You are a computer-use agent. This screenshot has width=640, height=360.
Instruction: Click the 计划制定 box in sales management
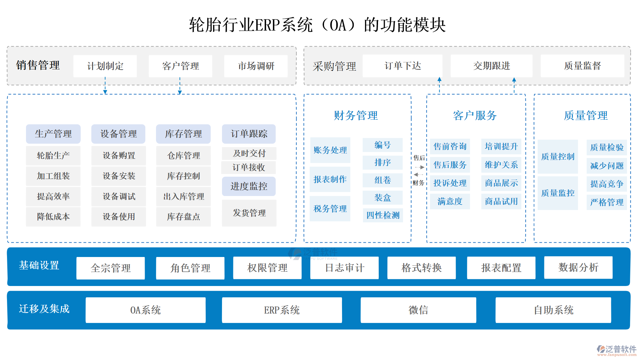coord(105,66)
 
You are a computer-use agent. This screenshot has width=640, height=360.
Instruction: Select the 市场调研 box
coord(256,66)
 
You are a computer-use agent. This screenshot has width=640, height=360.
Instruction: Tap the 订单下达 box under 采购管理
coord(402,66)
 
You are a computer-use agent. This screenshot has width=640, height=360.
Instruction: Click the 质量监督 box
coord(582,66)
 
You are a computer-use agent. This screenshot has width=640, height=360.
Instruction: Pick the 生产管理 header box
coord(53,134)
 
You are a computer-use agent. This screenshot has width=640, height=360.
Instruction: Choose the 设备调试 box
coord(119,196)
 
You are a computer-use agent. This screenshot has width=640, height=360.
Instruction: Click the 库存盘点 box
coord(183,217)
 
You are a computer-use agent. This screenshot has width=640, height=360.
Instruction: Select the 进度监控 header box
coord(249,186)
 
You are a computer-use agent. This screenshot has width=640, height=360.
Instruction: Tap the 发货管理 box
coord(249,213)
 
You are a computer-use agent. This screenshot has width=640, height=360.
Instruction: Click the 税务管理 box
coord(330,209)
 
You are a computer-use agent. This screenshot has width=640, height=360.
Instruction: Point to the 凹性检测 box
coord(383,215)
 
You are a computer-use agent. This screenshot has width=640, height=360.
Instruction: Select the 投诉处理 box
coord(450,183)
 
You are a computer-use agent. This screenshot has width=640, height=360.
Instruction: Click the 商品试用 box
coord(501,201)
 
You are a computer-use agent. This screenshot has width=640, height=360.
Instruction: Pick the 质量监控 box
coord(558,193)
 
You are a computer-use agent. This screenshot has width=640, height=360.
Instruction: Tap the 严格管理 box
coord(607,202)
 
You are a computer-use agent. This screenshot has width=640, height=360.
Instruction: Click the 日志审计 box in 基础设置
coord(344,268)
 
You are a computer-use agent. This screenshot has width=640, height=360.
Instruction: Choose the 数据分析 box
coord(578,267)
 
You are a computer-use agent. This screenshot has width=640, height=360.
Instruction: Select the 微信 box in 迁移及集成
coord(418,310)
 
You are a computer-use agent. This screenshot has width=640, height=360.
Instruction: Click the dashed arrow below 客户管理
coord(180,86)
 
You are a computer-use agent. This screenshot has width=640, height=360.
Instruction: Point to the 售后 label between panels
coord(419,158)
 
